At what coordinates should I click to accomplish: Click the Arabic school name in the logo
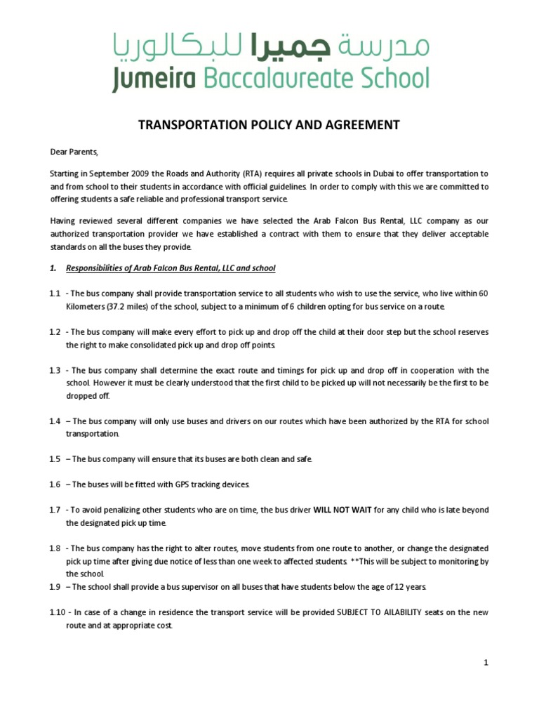[x=270, y=47]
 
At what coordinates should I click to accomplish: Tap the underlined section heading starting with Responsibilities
[x=171, y=268]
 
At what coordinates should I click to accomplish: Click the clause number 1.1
[x=55, y=293]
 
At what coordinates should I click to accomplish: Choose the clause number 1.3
[x=55, y=370]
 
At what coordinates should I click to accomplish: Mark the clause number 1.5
[x=55, y=459]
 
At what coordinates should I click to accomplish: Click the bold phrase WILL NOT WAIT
[x=338, y=509]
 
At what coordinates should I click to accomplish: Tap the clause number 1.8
[x=55, y=548]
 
